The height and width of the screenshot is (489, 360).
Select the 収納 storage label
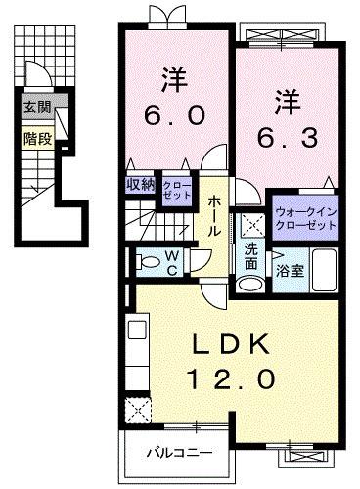pyautogui.click(x=140, y=184)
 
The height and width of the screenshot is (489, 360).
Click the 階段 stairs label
pyautogui.click(x=35, y=138)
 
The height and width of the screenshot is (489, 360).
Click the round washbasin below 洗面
pyautogui.click(x=251, y=286)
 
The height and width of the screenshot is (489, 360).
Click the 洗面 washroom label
pyautogui.click(x=251, y=256)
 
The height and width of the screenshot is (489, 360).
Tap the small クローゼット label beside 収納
pyautogui.click(x=177, y=189)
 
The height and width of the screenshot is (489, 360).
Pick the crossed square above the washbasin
pyautogui.click(x=250, y=223)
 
